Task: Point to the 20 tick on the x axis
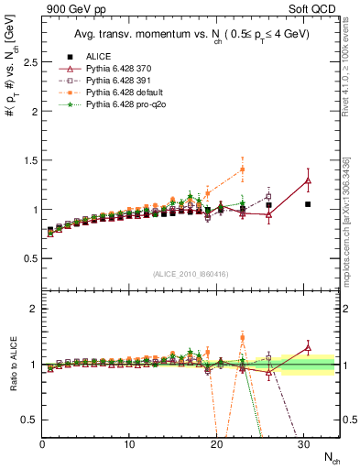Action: pyautogui.click(x=217, y=444)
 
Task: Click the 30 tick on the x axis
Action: pyautogui.click(x=303, y=444)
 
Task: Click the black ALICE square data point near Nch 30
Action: pyautogui.click(x=308, y=204)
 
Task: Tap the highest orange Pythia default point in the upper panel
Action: pyautogui.click(x=242, y=169)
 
